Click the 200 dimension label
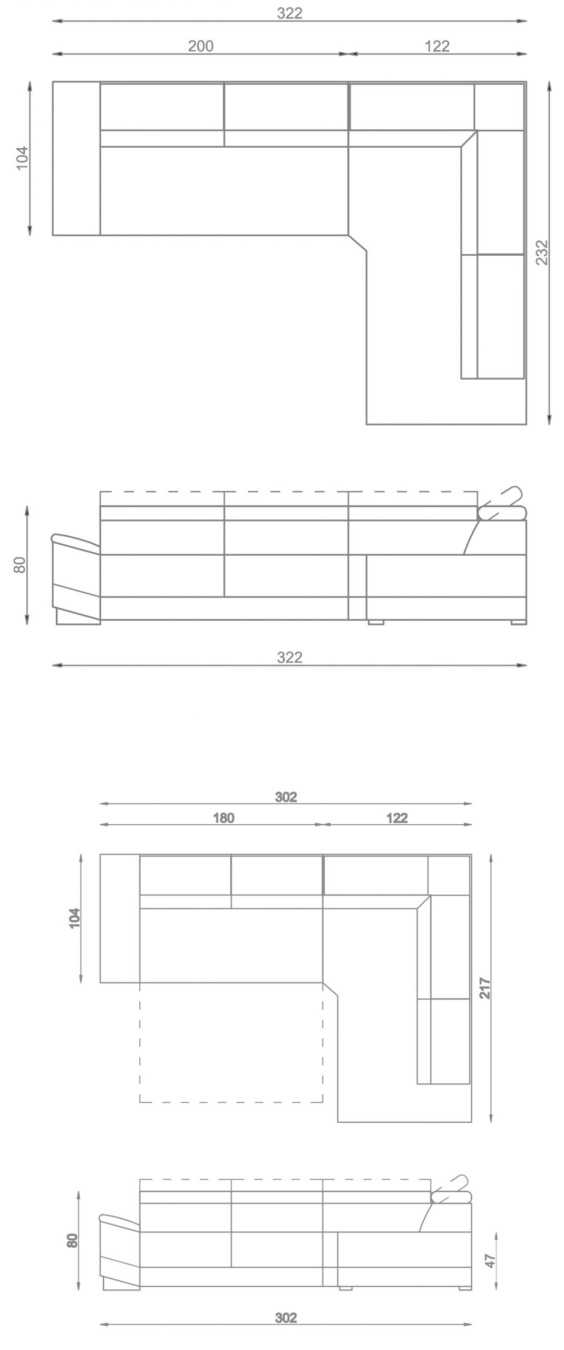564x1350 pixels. (x=201, y=46)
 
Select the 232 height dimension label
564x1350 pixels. (x=542, y=252)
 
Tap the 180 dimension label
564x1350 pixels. (x=223, y=818)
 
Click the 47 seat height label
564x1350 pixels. (x=490, y=1261)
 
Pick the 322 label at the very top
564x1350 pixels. (x=290, y=13)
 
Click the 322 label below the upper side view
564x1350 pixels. (x=290, y=657)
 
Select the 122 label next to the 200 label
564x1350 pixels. (x=437, y=46)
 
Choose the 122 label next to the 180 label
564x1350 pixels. (x=397, y=818)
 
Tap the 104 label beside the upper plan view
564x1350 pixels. (x=22, y=157)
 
